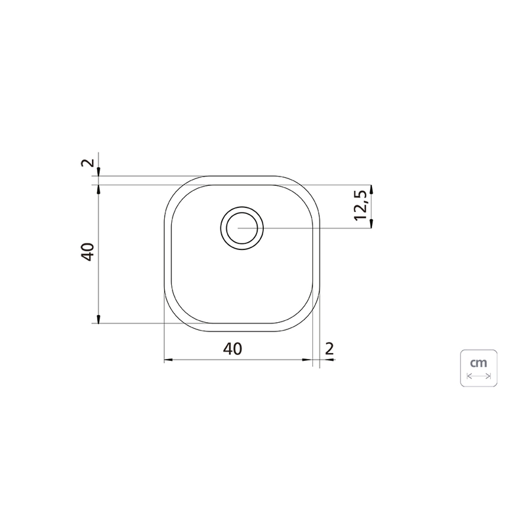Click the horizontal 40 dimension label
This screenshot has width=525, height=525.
coord(232,349)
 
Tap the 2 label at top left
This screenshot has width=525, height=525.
coord(87,163)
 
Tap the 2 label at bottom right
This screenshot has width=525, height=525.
coord(329,349)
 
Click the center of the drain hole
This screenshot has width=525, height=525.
coord(241,228)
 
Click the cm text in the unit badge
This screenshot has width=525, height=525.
coord(478,363)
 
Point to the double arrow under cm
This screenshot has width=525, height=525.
coord(479,376)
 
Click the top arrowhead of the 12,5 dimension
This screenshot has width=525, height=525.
coord(371,190)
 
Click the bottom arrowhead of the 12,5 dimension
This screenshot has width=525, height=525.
coord(371,223)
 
